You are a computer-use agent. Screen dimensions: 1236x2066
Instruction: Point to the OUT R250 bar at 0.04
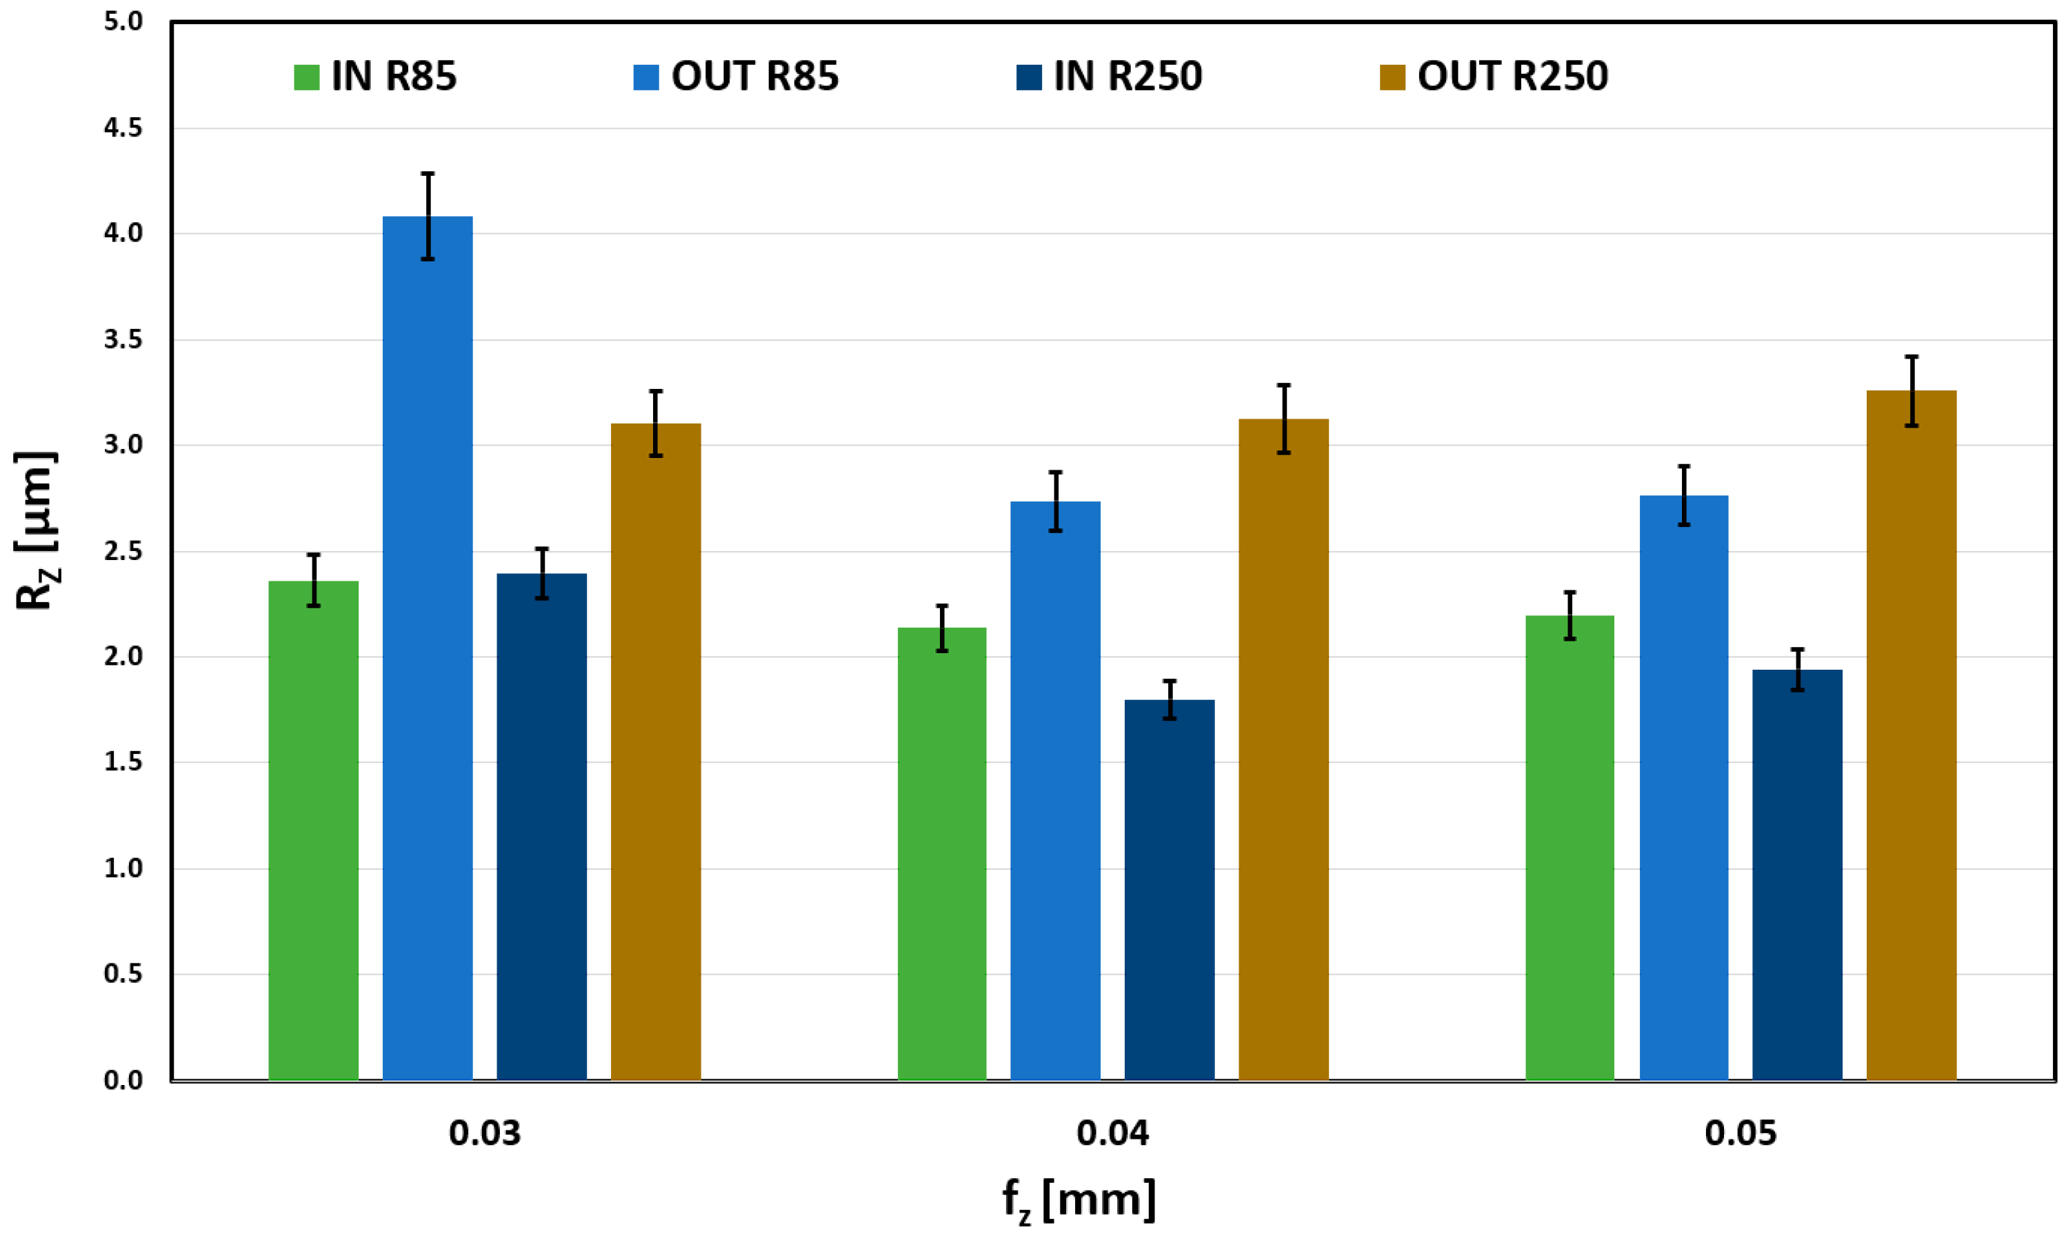[1283, 749]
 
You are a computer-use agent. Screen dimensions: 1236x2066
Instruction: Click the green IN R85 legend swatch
[306, 77]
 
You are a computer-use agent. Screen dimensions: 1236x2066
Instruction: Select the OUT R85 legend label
[754, 77]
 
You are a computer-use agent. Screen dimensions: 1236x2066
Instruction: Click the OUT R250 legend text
[1512, 77]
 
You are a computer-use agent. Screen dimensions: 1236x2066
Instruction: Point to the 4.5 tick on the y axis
[123, 128]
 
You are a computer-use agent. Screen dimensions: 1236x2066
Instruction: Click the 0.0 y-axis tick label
[123, 1080]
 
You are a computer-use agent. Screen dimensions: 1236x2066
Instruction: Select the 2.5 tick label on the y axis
[123, 551]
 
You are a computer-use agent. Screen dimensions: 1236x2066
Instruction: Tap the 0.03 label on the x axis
[485, 1133]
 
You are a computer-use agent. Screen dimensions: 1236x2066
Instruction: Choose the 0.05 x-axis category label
[1741, 1133]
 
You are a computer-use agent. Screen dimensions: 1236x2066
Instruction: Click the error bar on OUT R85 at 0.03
[427, 216]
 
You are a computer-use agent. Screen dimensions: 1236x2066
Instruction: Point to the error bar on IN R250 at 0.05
[1797, 670]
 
